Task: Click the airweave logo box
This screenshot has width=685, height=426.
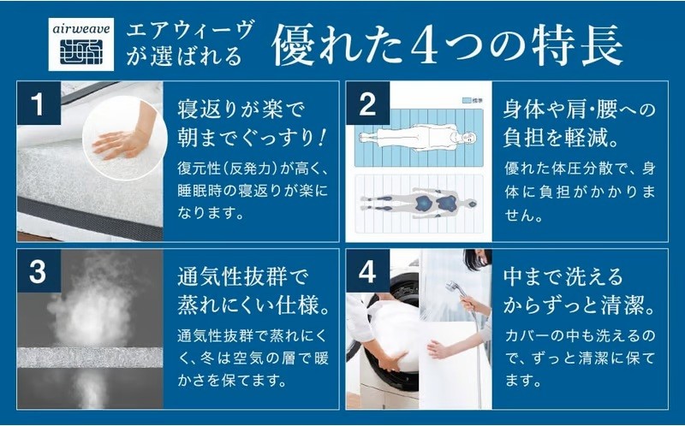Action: [x=80, y=44]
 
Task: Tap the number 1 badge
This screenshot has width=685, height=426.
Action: [x=39, y=103]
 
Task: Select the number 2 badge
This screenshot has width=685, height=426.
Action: [x=367, y=103]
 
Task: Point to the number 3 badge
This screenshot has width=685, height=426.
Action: [x=39, y=271]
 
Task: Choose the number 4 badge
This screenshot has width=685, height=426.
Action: [x=367, y=271]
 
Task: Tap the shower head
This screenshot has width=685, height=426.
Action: [x=451, y=287]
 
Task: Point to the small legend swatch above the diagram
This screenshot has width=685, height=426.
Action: [x=466, y=100]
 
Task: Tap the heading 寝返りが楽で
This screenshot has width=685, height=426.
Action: [x=240, y=109]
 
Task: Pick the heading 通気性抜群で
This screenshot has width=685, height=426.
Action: [x=243, y=278]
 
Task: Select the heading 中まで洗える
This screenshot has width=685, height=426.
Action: [x=563, y=278]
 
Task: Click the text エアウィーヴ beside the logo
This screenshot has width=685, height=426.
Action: [x=189, y=31]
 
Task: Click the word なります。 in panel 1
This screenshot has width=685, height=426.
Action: [x=210, y=213]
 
